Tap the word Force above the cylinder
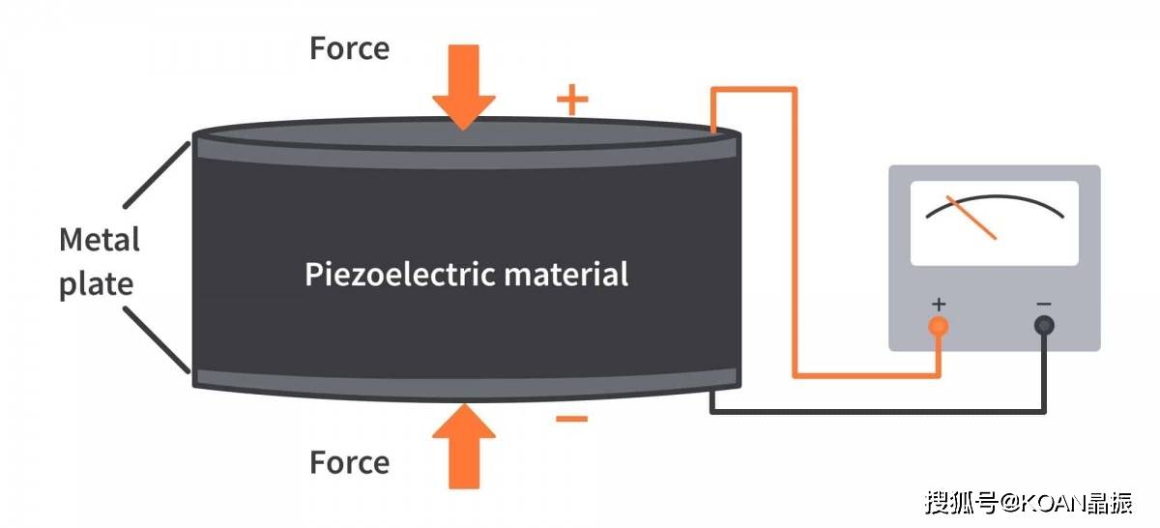[x=349, y=48]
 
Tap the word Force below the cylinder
[x=349, y=462]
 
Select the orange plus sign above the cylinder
[x=572, y=99]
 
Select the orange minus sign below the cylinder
[x=571, y=419]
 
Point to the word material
[x=566, y=274]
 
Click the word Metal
[x=100, y=240]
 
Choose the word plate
[x=96, y=284]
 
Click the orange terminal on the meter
[x=938, y=326]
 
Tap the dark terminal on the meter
[x=1044, y=326]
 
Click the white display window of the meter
[x=994, y=223]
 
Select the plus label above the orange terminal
[x=938, y=305]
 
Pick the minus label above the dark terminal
[x=1044, y=305]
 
